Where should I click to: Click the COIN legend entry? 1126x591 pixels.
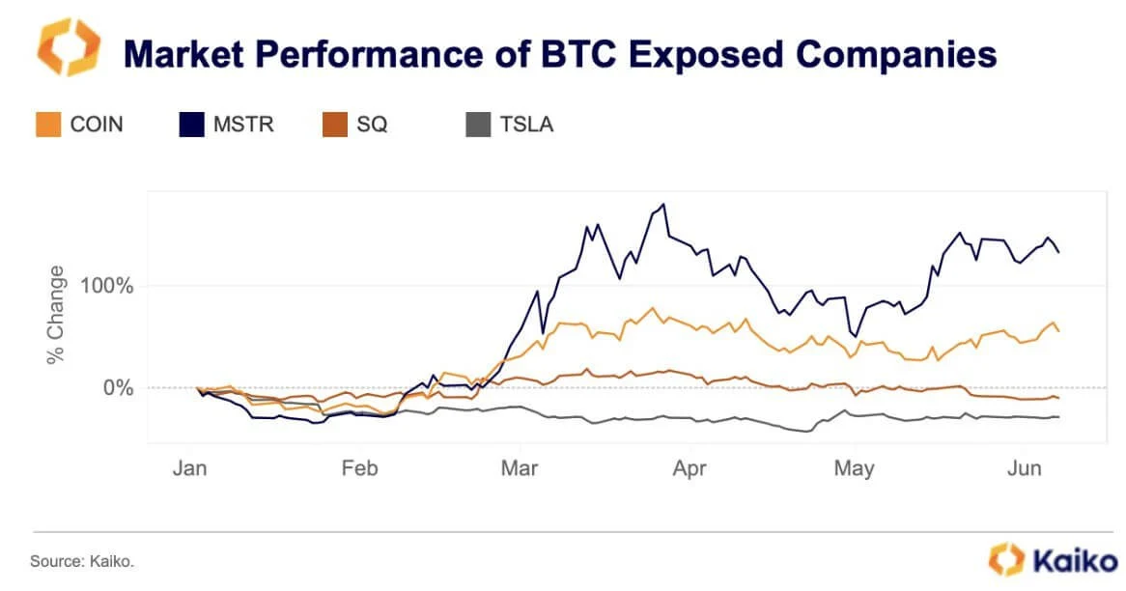point(80,124)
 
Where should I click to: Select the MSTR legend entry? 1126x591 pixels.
point(228,124)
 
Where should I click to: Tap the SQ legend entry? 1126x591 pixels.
point(355,124)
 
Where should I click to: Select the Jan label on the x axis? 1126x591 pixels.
point(188,468)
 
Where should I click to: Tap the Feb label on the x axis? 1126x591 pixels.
point(359,468)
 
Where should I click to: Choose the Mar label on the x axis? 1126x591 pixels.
point(520,468)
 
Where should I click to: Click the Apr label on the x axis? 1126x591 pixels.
point(690,468)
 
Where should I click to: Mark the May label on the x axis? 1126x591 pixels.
point(855,468)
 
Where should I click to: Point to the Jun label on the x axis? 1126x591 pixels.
point(1025,468)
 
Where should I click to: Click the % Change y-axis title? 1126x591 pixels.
point(56,315)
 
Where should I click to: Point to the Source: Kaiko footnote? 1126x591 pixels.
point(81,561)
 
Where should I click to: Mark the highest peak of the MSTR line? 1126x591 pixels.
point(662,204)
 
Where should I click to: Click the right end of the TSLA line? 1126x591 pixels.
point(1059,416)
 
